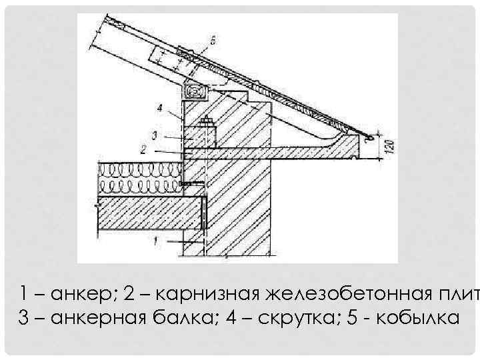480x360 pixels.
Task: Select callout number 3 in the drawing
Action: click(x=154, y=135)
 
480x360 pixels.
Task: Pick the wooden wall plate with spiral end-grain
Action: click(x=194, y=90)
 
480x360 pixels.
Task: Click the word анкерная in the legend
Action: click(x=99, y=317)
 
